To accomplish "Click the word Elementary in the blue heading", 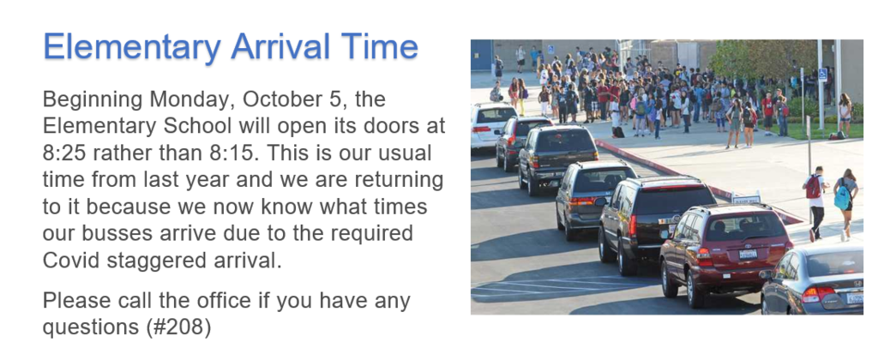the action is pos(132,49).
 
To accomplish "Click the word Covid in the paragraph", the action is pos(70,261).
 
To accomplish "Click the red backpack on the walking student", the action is pos(813,187).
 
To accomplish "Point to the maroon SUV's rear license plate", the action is pos(748,255).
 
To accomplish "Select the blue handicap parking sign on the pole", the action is pos(822,75).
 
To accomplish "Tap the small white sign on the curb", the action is pos(746,198).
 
